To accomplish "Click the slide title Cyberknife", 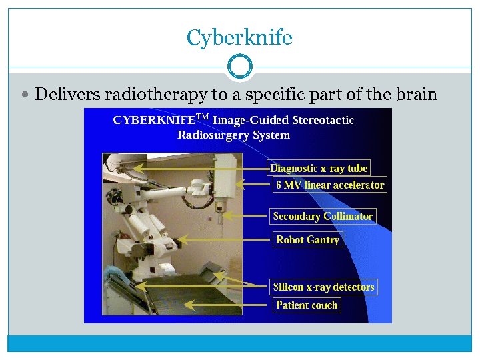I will (x=239, y=37).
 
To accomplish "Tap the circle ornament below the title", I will (x=239, y=67).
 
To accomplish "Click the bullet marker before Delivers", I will (x=26, y=95).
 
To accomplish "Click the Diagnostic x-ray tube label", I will (x=319, y=168).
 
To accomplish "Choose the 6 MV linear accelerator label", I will (x=330, y=185).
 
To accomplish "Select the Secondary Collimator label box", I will (x=323, y=216).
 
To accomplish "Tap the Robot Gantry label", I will (x=307, y=239).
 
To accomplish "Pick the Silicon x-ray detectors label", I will (x=323, y=287).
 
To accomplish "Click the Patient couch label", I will (x=307, y=305).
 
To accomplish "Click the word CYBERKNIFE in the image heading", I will (x=154, y=121).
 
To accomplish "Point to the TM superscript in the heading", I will (x=203, y=117).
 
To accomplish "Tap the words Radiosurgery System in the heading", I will (x=233, y=135).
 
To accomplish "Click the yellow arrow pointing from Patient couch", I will (x=227, y=305).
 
